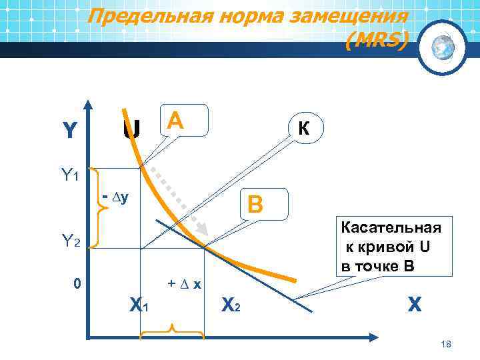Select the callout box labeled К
pyautogui.click(x=304, y=128)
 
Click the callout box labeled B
pyautogui.click(x=266, y=205)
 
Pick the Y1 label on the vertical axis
pyautogui.click(x=70, y=176)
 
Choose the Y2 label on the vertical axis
pyautogui.click(x=70, y=243)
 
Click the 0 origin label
pyautogui.click(x=77, y=285)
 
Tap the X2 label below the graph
pyautogui.click(x=230, y=305)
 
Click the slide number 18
pyautogui.click(x=446, y=344)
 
